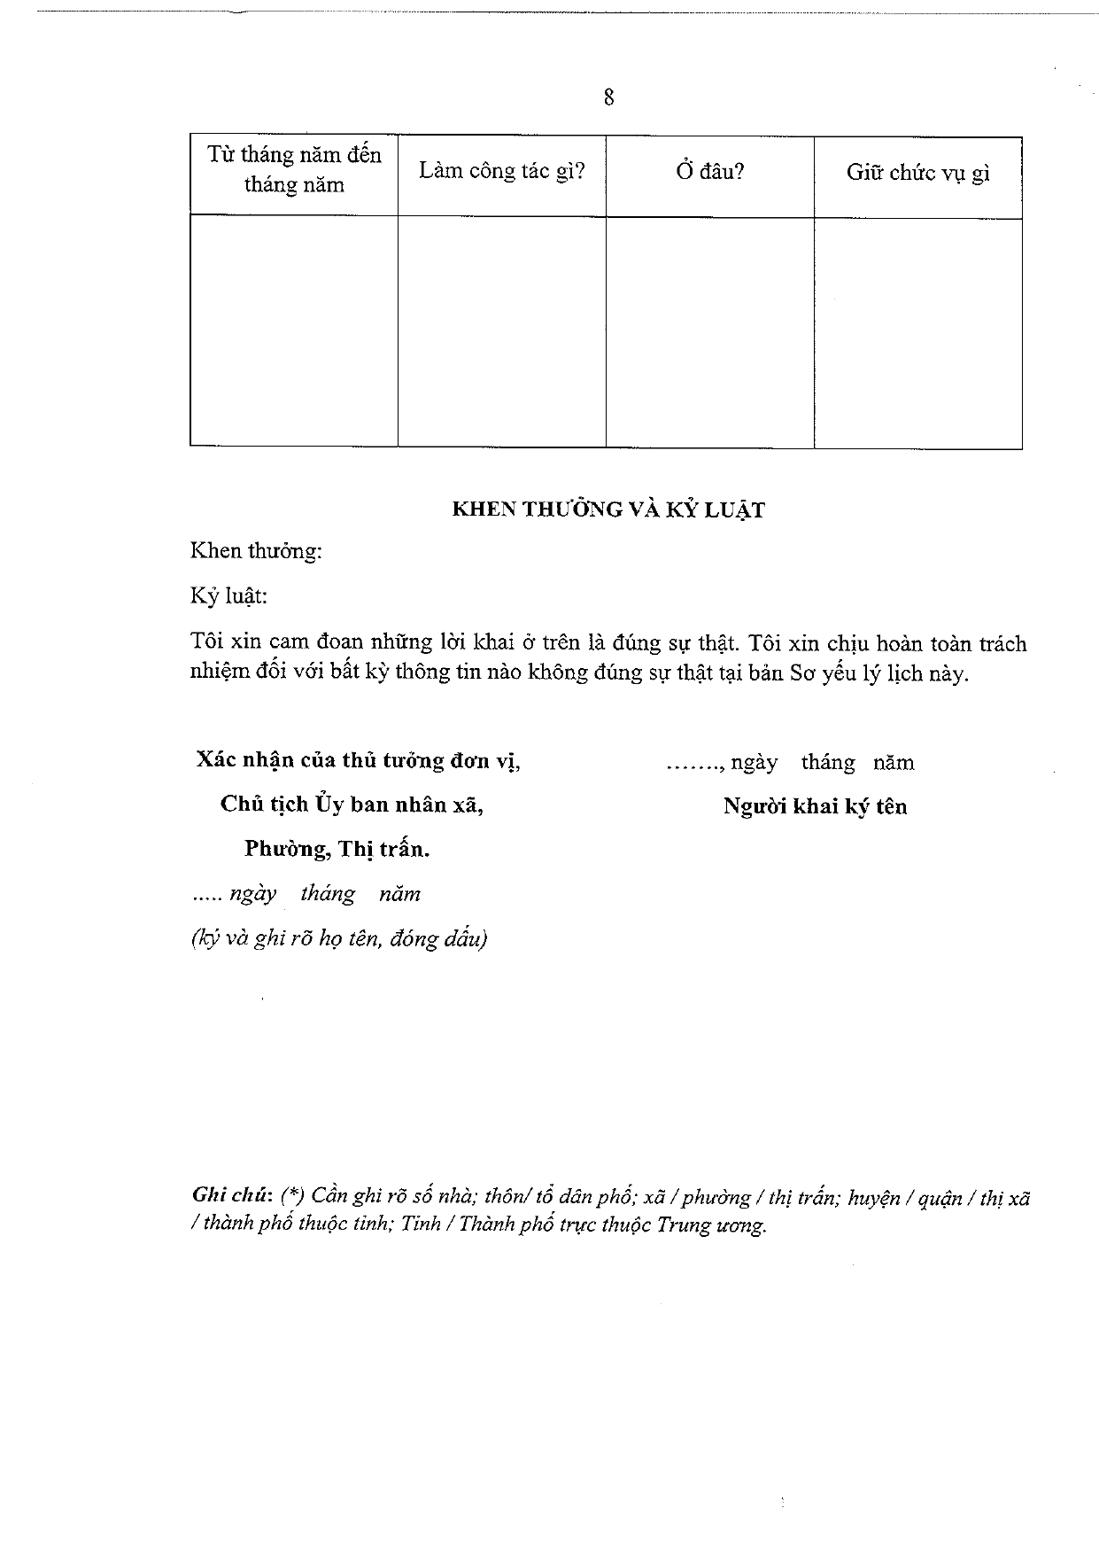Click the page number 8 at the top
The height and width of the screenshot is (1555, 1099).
pos(608,97)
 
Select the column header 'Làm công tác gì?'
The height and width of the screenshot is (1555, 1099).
pos(501,171)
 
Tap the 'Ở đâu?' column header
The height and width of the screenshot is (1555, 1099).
pos(709,171)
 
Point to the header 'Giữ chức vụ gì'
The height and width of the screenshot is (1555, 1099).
pos(917,173)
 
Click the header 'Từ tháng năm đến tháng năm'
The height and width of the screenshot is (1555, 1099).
pos(294,170)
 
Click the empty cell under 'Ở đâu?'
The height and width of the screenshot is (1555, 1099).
pos(709,331)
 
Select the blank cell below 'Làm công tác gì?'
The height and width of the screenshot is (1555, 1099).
pos(501,331)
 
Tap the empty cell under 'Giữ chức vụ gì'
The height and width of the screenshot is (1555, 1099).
pos(917,332)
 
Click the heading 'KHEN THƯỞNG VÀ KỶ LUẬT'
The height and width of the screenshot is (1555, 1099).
pos(608,509)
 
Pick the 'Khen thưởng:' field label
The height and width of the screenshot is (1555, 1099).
pos(256,551)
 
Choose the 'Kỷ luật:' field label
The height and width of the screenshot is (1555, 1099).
pos(228,595)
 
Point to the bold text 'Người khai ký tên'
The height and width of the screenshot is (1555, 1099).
pos(815,806)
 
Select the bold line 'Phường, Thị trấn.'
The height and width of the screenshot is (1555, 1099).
pos(337,849)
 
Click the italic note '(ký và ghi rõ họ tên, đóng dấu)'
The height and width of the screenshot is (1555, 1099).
pos(339,938)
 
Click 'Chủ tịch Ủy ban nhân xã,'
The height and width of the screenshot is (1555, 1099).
pos(352,805)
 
